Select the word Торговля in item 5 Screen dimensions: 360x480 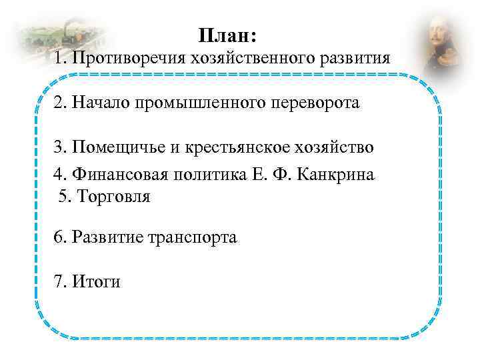point(114,197)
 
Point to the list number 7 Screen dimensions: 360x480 point(58,282)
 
